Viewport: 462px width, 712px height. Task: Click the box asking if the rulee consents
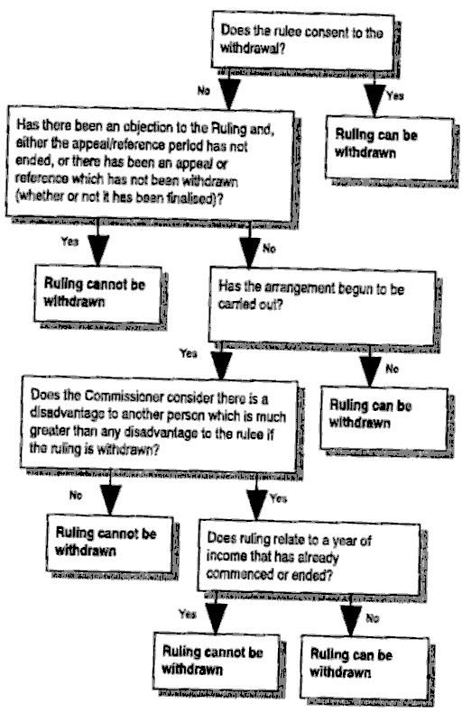(x=303, y=41)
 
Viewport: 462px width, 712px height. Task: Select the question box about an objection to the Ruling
(x=150, y=163)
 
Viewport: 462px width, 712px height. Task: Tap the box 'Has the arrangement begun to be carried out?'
(x=322, y=306)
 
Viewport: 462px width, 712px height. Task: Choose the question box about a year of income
(x=309, y=558)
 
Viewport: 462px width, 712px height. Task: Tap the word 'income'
(x=227, y=556)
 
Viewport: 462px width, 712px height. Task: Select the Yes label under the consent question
(x=394, y=96)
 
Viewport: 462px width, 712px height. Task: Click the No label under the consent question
(x=203, y=91)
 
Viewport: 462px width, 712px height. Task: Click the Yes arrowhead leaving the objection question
(x=97, y=251)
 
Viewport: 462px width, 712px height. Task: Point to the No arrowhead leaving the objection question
(x=249, y=251)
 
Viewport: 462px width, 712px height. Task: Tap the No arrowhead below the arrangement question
(x=370, y=371)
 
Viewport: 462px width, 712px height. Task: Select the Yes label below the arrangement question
(x=188, y=352)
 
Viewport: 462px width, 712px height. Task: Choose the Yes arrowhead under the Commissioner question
(x=257, y=503)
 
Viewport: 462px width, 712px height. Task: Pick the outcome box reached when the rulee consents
(x=389, y=148)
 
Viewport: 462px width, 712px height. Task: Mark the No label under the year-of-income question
(x=373, y=618)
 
